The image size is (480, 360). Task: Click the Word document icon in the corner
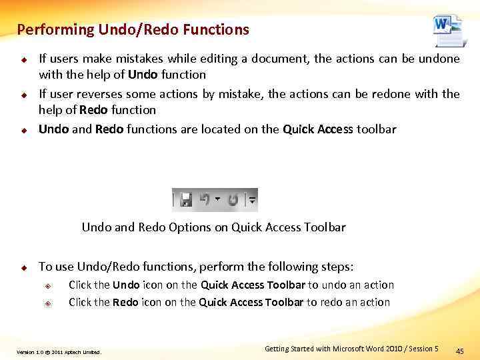tap(447, 30)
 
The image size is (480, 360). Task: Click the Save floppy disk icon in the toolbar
tap(186, 199)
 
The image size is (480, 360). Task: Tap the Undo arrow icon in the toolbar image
tap(204, 199)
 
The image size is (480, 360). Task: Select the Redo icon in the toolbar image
tap(233, 199)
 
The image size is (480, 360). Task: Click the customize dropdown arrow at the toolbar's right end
tap(252, 199)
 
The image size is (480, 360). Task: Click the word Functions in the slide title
tap(216, 29)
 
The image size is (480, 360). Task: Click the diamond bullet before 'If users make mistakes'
tap(22, 59)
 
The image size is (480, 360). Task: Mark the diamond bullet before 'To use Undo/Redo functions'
tap(22, 267)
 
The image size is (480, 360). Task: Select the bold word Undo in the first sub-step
tap(126, 285)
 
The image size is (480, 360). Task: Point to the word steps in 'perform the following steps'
tap(337, 267)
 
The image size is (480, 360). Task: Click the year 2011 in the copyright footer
tap(57, 352)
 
